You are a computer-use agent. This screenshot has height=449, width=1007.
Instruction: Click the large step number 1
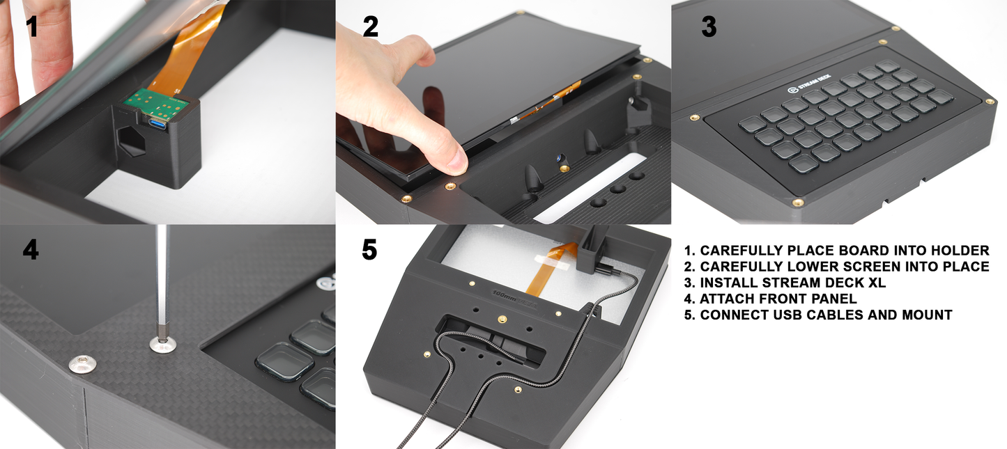[x=31, y=26]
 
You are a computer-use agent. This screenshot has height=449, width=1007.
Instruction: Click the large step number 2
[x=371, y=26]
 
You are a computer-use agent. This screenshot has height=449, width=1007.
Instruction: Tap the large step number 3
[x=709, y=26]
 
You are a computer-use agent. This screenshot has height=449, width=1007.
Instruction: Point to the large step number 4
[x=31, y=250]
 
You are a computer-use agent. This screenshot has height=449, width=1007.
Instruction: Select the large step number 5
[x=369, y=250]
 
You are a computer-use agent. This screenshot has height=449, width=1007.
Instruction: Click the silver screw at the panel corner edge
[x=82, y=363]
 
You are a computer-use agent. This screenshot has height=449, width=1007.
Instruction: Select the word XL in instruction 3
[x=876, y=283]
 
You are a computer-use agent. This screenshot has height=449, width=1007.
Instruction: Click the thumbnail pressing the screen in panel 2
[x=458, y=158]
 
